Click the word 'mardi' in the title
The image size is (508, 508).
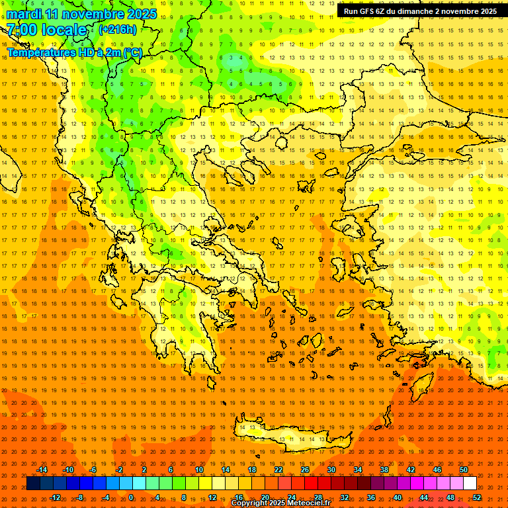[x=22, y=14]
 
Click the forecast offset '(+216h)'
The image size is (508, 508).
[x=117, y=29]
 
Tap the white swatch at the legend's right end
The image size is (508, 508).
[x=470, y=484]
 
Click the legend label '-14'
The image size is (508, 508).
[x=42, y=470]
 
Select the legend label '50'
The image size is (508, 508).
[x=464, y=470]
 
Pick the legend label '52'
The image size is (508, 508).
[x=477, y=497]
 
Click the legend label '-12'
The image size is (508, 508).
[x=55, y=497]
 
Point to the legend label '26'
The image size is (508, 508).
[x=305, y=470]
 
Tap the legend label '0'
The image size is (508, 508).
[x=131, y=497]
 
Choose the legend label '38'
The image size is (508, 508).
[x=384, y=470]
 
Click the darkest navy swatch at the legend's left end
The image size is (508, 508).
[x=33, y=484]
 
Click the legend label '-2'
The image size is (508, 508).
[x=120, y=470]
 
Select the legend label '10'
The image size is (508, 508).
[x=199, y=470]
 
